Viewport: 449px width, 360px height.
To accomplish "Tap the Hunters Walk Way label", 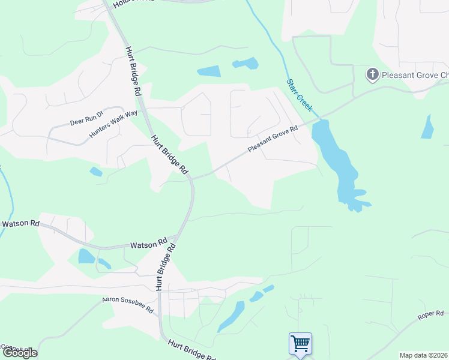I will click(x=113, y=124).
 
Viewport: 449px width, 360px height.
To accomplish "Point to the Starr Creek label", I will click(x=299, y=94).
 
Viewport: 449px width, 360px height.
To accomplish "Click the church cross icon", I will click(x=372, y=75).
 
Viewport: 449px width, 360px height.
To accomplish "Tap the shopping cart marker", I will click(x=300, y=344).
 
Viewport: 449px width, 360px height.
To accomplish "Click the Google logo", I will click(x=19, y=353).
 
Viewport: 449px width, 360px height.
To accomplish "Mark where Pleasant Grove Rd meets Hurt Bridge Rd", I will click(x=191, y=177).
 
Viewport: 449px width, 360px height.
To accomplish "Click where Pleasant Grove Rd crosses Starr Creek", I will click(x=319, y=117).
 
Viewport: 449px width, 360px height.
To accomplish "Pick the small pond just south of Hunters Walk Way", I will click(x=95, y=172).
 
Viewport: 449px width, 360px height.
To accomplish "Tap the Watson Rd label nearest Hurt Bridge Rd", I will click(x=149, y=244).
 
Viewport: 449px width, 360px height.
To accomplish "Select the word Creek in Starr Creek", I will click(x=306, y=103).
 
